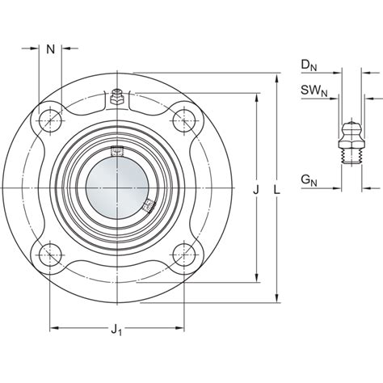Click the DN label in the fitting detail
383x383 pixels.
click(x=307, y=64)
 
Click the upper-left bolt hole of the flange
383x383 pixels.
click(x=51, y=118)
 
